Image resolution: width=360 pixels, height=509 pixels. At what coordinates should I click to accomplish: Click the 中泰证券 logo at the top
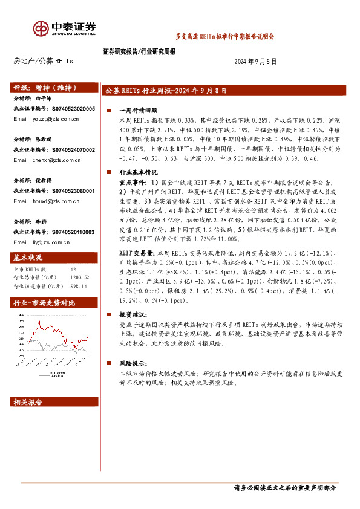[64, 28]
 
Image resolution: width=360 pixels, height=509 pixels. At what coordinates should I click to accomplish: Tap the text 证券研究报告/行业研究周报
[139, 52]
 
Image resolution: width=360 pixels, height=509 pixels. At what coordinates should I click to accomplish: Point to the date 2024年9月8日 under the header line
[255, 62]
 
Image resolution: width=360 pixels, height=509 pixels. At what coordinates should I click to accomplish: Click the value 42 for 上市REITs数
[73, 270]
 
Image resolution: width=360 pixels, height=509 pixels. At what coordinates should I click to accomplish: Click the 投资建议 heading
[131, 314]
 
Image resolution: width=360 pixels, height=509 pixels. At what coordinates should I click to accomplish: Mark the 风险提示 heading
[131, 363]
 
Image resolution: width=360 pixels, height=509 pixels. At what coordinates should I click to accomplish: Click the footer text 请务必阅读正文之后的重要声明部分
[284, 488]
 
